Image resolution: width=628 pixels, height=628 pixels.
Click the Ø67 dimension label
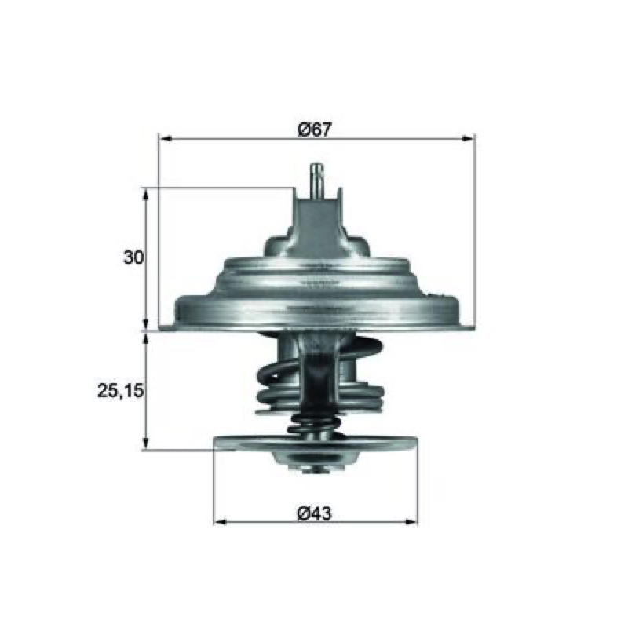point(315,130)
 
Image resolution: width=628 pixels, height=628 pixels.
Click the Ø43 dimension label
point(315,513)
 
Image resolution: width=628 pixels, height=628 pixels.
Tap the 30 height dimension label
point(133,257)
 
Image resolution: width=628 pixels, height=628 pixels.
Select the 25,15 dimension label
point(120,390)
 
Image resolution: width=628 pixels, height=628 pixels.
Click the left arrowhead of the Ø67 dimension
point(166,139)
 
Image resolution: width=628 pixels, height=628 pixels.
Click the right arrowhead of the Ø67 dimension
point(469,139)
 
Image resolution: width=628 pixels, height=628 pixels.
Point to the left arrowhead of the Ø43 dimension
point(221,522)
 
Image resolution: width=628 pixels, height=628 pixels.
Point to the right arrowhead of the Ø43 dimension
point(411,522)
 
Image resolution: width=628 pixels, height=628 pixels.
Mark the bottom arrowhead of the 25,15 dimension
point(146,444)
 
